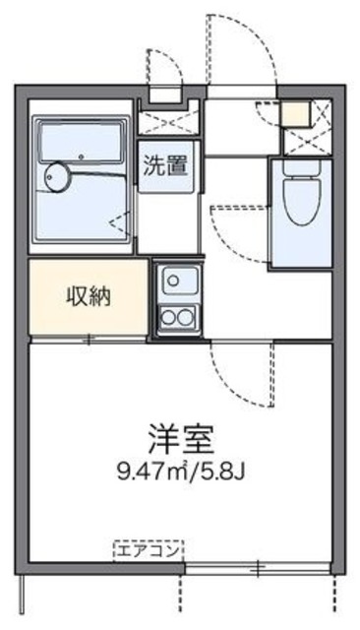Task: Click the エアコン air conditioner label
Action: (148, 549)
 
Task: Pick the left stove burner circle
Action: (167, 317)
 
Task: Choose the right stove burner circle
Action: (186, 317)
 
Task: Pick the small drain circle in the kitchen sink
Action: (174, 280)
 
